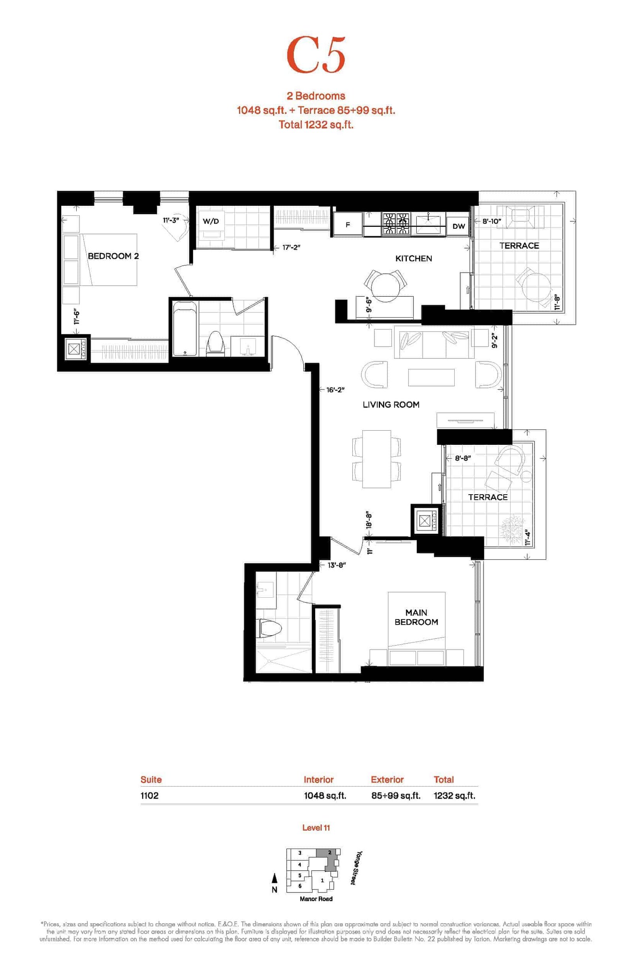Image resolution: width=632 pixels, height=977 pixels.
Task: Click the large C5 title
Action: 316,55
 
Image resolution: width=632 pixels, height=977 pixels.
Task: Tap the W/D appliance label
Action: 211,221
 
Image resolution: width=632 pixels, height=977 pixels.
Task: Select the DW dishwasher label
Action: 459,226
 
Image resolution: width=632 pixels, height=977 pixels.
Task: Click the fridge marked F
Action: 348,224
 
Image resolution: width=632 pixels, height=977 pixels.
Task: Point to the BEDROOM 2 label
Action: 113,256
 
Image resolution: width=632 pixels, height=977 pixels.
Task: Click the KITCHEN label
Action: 414,258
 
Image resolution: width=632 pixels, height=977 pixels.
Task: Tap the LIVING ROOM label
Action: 391,405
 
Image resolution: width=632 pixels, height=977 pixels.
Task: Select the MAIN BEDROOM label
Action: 416,617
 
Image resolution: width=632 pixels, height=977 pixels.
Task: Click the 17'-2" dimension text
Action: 292,247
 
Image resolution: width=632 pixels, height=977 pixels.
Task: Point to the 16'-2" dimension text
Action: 336,390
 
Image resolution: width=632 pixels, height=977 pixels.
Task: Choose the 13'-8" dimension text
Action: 337,565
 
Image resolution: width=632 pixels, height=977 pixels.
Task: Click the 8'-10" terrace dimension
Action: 492,221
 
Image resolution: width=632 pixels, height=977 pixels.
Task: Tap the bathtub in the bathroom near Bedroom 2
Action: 185,328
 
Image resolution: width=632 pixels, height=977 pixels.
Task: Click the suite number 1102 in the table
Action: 149,795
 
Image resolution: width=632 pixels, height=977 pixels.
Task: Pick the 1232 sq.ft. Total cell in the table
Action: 454,796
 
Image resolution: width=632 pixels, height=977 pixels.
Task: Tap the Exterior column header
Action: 387,779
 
